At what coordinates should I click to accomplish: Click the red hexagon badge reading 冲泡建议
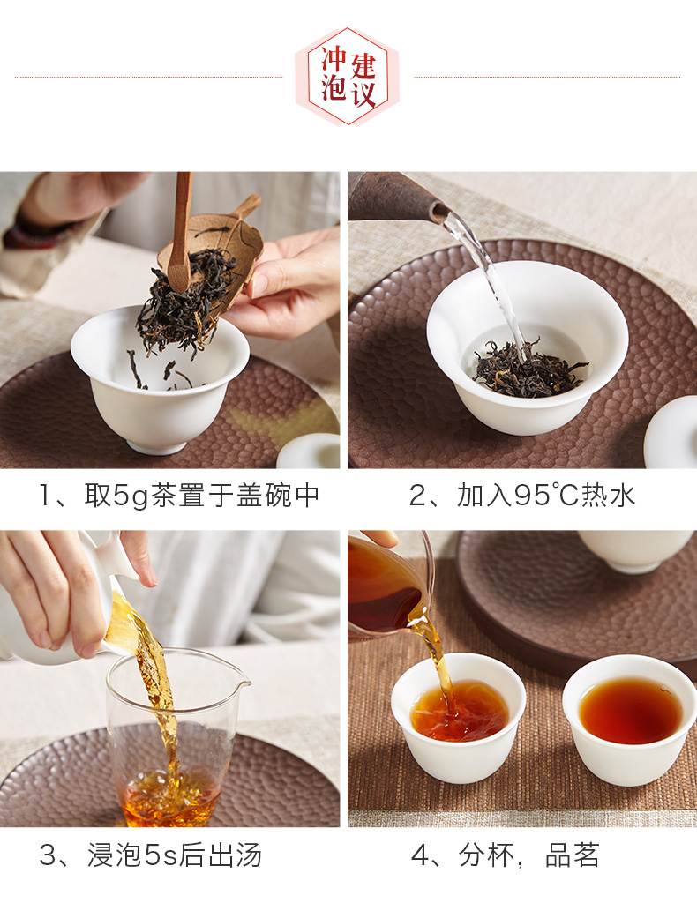tap(348, 77)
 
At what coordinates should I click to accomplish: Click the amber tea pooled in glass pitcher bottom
tap(170, 797)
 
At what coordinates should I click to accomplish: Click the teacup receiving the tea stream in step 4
tap(459, 717)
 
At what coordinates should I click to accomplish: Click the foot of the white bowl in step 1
tap(158, 447)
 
